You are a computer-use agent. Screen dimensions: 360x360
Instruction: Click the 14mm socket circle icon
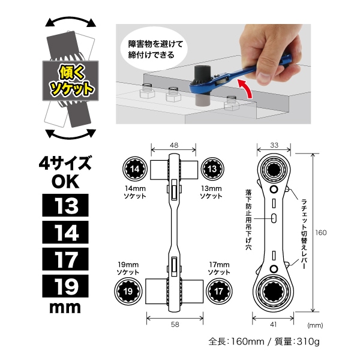(x=136, y=170)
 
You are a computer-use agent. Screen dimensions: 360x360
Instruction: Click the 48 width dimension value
(x=173, y=145)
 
